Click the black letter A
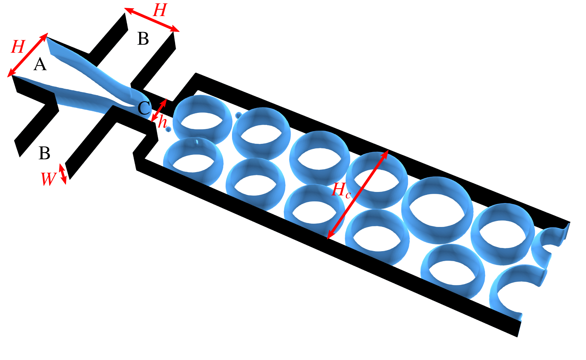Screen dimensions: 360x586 click(x=40, y=64)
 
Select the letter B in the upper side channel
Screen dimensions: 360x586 click(x=143, y=39)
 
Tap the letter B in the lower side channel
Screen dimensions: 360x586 click(x=44, y=153)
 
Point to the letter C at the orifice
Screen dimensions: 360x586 click(x=144, y=108)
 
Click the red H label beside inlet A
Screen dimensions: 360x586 click(x=18, y=47)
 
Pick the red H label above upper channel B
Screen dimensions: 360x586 click(x=160, y=10)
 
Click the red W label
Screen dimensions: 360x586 click(x=48, y=179)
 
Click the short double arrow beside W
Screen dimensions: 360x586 click(x=63, y=174)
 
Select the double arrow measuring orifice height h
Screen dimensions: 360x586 click(x=159, y=111)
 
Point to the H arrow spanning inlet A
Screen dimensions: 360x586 click(x=28, y=55)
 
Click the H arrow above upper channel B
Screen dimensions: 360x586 click(x=152, y=20)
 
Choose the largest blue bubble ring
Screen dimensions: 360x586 click(x=437, y=210)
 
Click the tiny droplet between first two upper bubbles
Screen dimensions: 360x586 click(x=238, y=115)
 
